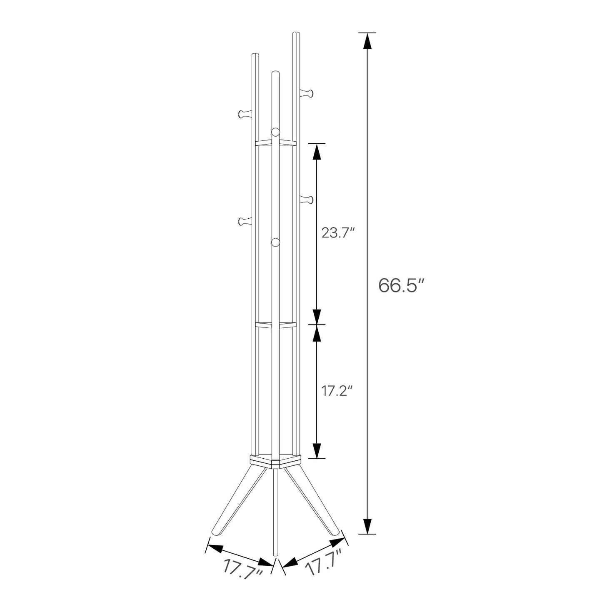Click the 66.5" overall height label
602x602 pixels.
(x=402, y=285)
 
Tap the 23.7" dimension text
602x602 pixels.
(x=339, y=233)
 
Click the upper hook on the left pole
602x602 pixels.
(x=245, y=114)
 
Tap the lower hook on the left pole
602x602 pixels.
(x=245, y=222)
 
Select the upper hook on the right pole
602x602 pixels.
(x=307, y=93)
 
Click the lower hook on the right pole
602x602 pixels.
(x=307, y=199)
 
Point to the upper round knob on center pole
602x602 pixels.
(x=275, y=132)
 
